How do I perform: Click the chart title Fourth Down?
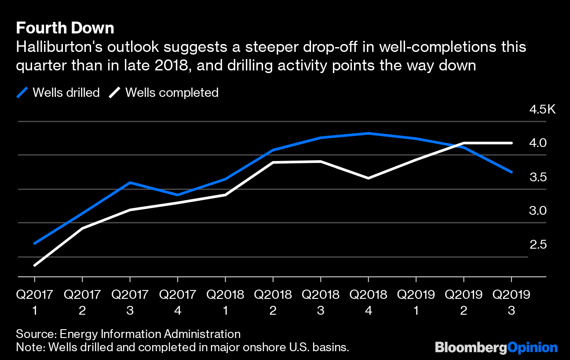65,28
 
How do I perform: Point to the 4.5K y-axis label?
542,109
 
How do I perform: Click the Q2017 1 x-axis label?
34,302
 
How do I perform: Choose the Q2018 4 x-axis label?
368,302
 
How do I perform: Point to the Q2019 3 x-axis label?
511,302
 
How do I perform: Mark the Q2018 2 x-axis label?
273,302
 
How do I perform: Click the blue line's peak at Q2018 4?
368,133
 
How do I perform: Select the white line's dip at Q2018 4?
368,178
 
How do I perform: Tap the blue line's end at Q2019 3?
511,172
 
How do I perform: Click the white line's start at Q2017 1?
34,265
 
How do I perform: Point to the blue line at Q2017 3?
130,182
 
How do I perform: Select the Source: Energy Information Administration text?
128,334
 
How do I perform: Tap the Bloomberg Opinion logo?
496,348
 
